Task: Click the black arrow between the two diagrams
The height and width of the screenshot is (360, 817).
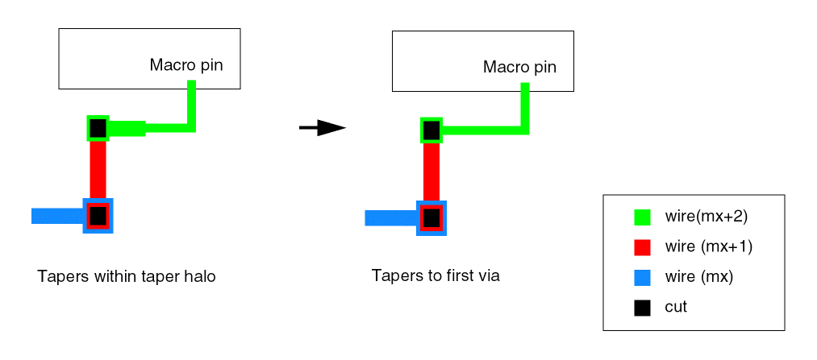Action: point(323,127)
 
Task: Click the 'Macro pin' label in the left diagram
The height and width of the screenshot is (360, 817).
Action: point(186,64)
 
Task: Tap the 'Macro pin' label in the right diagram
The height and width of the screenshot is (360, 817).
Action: point(519,67)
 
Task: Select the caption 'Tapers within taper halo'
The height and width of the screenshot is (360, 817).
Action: point(127,277)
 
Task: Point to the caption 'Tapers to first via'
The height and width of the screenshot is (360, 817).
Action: point(436,276)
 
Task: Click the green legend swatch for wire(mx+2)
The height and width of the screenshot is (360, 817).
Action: point(642,217)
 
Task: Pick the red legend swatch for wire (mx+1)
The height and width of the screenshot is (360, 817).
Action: point(642,247)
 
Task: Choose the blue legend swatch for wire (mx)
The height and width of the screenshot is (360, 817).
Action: point(642,277)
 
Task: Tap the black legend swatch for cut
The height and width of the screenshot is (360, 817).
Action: point(642,307)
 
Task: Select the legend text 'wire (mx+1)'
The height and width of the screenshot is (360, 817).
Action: point(709,247)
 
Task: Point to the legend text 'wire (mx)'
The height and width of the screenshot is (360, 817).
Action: point(698,277)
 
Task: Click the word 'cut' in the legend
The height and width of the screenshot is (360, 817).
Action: point(676,307)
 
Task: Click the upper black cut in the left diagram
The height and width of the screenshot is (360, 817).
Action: point(98,127)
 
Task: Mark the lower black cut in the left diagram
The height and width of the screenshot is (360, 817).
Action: point(98,215)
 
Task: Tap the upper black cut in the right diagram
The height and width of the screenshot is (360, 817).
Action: point(431,129)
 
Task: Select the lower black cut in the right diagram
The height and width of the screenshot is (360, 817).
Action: point(431,217)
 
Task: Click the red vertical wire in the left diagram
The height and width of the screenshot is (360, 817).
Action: point(98,169)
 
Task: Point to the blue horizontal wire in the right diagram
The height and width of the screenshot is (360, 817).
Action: point(390,217)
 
